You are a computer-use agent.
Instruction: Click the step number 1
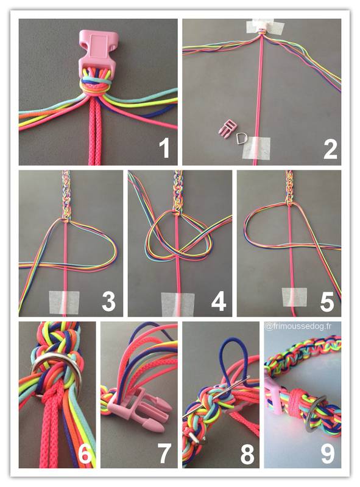coord(164,149)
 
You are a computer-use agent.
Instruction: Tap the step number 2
coord(330,149)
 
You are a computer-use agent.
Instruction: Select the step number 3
coord(108,301)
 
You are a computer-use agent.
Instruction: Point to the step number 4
coord(219,301)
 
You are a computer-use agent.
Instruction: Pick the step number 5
coord(327,301)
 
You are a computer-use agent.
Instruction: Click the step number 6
coord(85,454)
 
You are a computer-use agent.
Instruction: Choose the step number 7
coord(164,454)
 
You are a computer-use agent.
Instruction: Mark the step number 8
coord(247,454)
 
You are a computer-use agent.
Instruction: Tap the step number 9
coord(328,454)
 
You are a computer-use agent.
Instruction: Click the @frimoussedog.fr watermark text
coord(298,326)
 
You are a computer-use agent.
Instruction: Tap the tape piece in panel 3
coord(64,302)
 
